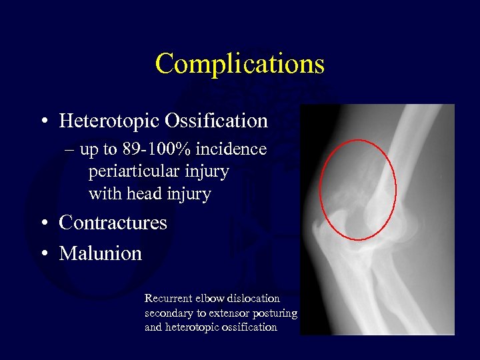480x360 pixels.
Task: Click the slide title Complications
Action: click(x=239, y=64)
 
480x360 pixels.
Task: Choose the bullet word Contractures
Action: click(x=113, y=223)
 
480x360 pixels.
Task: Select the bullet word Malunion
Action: click(x=100, y=253)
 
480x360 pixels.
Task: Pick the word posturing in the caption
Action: click(x=274, y=313)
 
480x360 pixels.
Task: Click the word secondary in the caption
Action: click(x=167, y=313)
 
